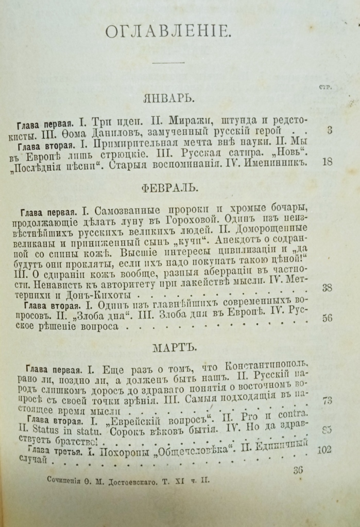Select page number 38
327,288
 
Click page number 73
327,400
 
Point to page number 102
324,449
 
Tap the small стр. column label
325,87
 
